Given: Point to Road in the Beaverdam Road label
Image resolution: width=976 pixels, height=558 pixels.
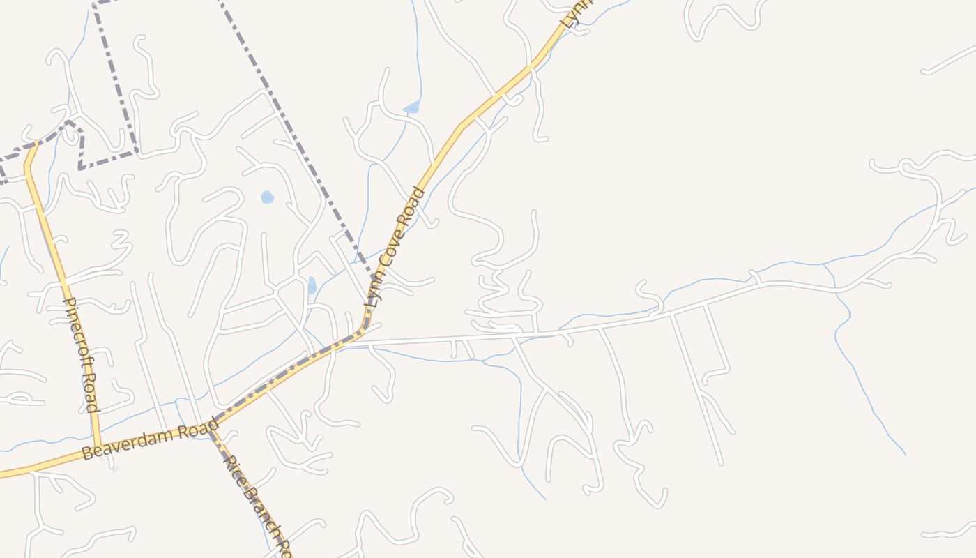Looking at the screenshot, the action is pos(198,428).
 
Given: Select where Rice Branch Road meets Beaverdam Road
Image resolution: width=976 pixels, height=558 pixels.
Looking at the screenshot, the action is pos(211,425).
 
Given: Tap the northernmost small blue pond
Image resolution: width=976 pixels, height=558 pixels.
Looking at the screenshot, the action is pos(412,107).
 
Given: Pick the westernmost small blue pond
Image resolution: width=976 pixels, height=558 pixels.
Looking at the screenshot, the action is pos(267,197).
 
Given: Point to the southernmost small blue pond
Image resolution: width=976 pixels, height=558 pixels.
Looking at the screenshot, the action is pos(312,285).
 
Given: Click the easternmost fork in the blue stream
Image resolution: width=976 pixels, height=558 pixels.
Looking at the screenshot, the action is pos(824,264).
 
